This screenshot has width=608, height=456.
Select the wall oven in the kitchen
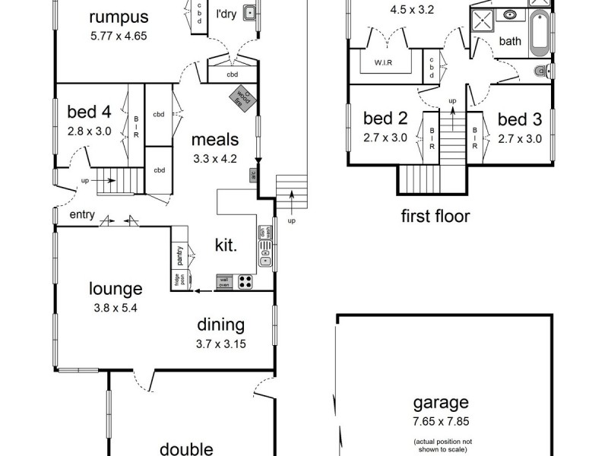224,281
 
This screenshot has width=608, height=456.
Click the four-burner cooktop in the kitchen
246,281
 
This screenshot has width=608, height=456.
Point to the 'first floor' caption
435,216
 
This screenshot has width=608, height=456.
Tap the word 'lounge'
116,289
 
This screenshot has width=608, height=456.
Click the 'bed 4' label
89,112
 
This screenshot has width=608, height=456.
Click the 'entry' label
81,215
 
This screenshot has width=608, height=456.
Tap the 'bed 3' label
520,119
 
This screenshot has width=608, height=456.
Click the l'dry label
226,13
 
